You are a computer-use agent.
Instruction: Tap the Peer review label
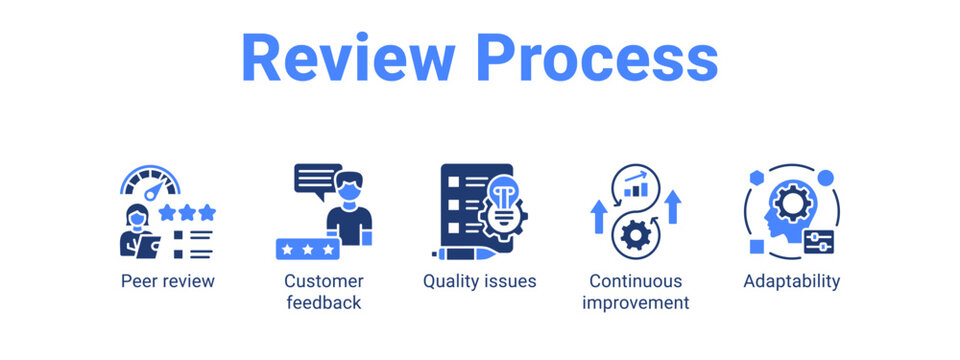coord(167,281)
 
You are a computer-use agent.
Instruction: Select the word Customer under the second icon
coord(323,281)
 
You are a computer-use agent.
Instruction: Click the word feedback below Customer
coord(323,303)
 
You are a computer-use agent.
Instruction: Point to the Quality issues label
coord(479,281)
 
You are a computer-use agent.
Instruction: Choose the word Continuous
coord(635,281)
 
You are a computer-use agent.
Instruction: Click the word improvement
coord(635,303)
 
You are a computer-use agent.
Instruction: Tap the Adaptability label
coord(791,281)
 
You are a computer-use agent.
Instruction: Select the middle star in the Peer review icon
coord(187,212)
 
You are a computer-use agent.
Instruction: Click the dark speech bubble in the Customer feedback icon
coord(316,180)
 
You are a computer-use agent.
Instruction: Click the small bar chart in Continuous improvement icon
coord(635,184)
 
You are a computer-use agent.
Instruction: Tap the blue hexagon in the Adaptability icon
coord(758,175)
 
